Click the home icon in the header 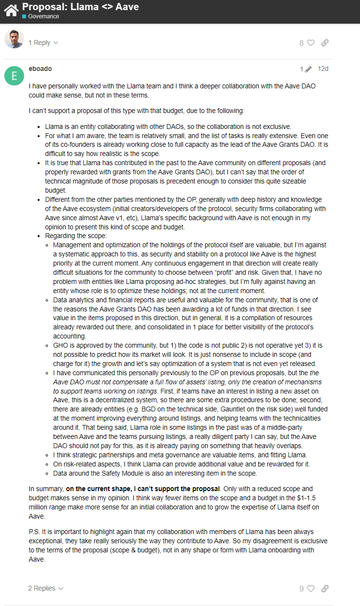point(11,10)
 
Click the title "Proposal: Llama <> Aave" point(81,7)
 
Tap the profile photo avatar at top point(14,39)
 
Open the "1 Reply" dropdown point(43,42)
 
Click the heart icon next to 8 point(311,42)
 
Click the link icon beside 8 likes point(325,42)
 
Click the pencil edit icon point(308,69)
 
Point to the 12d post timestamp point(323,69)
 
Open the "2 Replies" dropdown point(45,588)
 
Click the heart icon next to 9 point(311,589)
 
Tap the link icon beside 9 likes point(325,589)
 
